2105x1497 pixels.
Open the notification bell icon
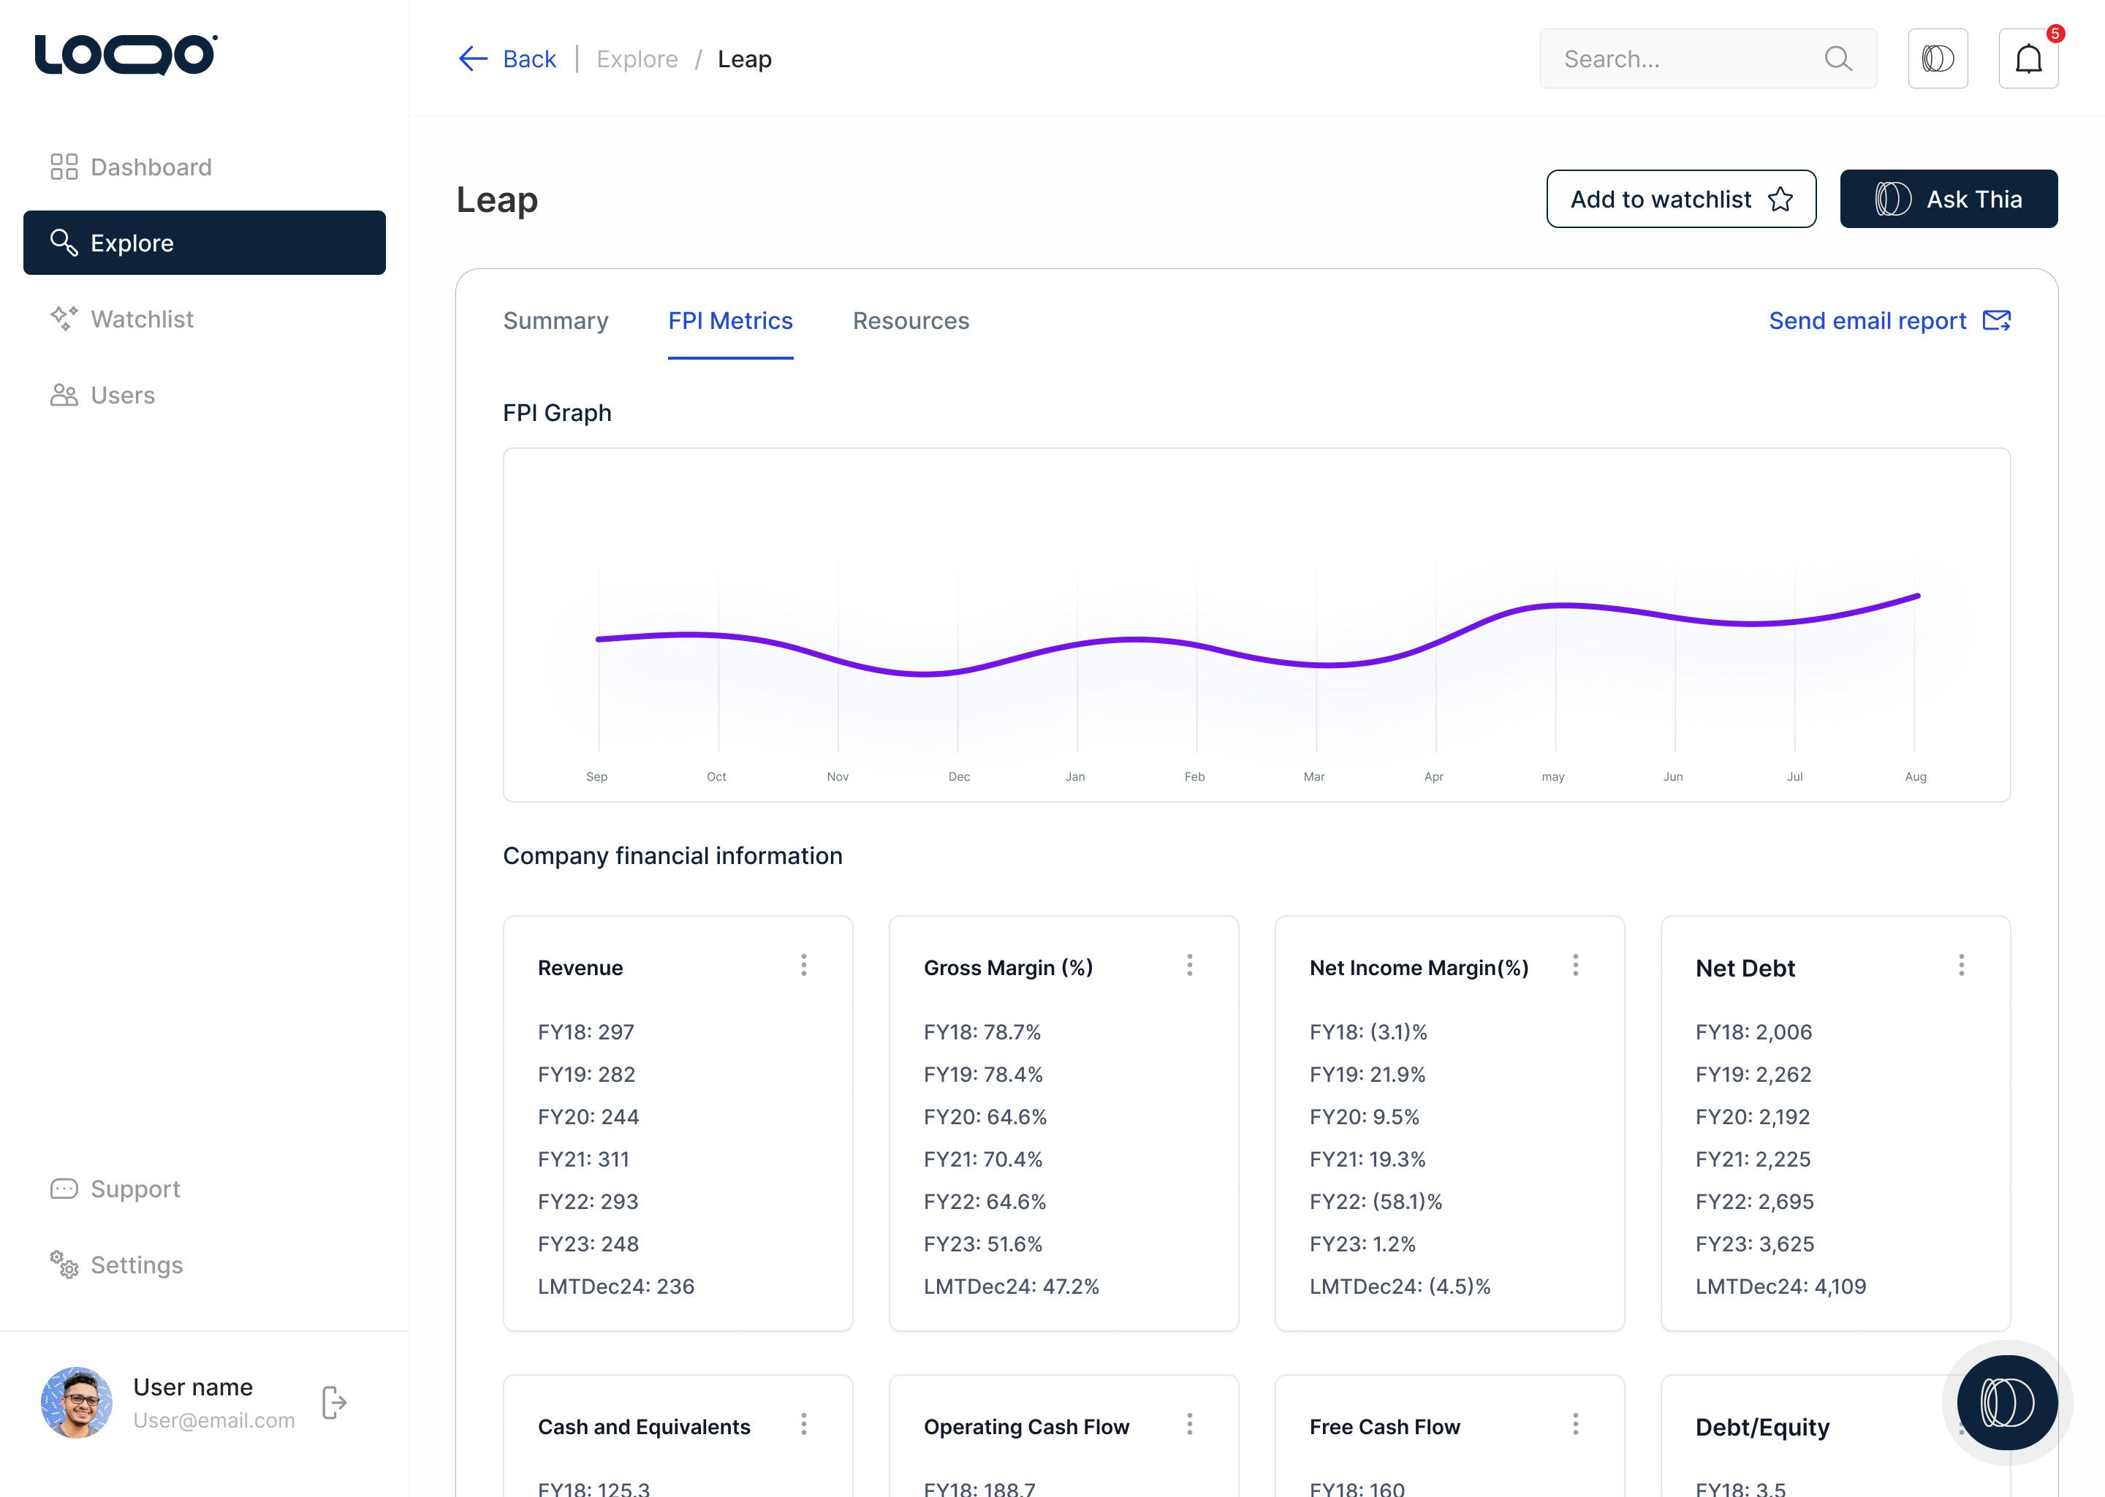tap(2028, 59)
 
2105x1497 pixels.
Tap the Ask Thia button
tap(1949, 199)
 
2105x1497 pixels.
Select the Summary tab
tap(555, 321)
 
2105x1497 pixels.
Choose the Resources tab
tap(911, 321)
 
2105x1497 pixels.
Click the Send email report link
tap(1889, 321)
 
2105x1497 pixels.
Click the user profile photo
tap(77, 1402)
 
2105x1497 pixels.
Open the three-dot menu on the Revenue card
tap(804, 965)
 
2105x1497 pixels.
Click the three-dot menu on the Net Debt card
tap(1961, 965)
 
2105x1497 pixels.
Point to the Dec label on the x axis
tap(958, 777)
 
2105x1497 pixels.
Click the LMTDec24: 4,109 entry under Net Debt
tap(1780, 1286)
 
